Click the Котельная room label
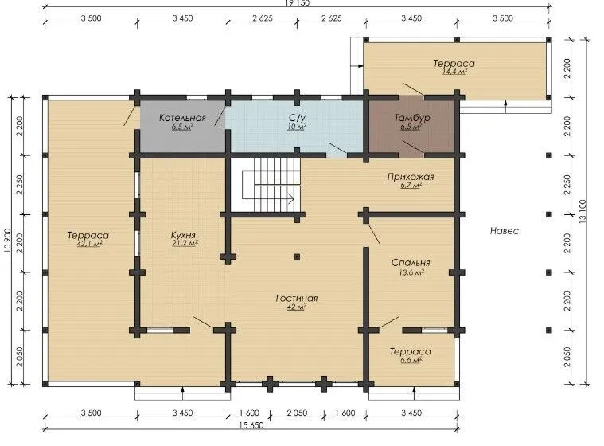pos(182,118)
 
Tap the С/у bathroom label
pos(297,118)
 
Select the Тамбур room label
pos(411,118)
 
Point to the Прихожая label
pos(411,177)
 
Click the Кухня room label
pos(183,235)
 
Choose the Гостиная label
pos(297,298)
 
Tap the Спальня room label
pos(411,263)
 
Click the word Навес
pos(505,231)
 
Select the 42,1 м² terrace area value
pos(89,244)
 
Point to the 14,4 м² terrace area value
pos(454,72)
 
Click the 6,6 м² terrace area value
pos(411,361)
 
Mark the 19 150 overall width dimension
pos(297,3)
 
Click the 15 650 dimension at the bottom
pos(251,425)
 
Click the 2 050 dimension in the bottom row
pos(297,413)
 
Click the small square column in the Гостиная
pos(297,256)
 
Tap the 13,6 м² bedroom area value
pos(411,273)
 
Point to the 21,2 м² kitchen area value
pos(185,243)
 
